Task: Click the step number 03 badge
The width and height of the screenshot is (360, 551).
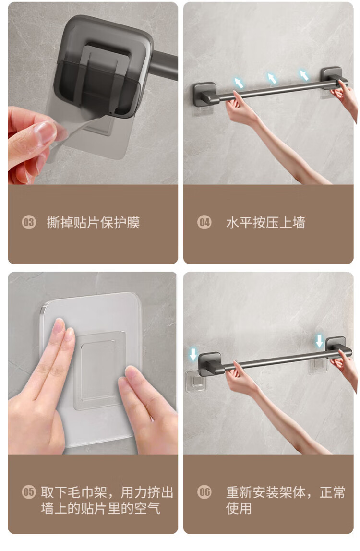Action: [x=29, y=222]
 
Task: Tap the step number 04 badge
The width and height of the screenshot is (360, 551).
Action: [x=204, y=222]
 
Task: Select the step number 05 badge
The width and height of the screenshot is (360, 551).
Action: [x=29, y=491]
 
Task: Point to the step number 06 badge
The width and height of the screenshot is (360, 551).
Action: [x=204, y=491]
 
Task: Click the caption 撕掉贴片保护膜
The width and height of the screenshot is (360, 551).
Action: [x=93, y=222]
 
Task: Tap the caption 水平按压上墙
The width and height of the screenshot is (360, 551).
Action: [x=265, y=222]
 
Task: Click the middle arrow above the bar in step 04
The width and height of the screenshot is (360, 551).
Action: [x=271, y=78]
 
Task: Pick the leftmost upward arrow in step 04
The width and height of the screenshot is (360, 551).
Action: [x=239, y=83]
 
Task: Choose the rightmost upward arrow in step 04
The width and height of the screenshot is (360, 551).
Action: [x=304, y=75]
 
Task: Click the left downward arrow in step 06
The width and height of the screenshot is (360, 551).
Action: [x=193, y=354]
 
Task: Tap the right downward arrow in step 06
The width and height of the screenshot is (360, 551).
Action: [x=319, y=341]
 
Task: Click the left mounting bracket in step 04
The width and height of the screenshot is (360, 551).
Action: [x=205, y=94]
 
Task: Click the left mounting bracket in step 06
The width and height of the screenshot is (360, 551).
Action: [x=210, y=364]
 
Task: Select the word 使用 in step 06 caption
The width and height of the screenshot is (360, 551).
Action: [x=239, y=508]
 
